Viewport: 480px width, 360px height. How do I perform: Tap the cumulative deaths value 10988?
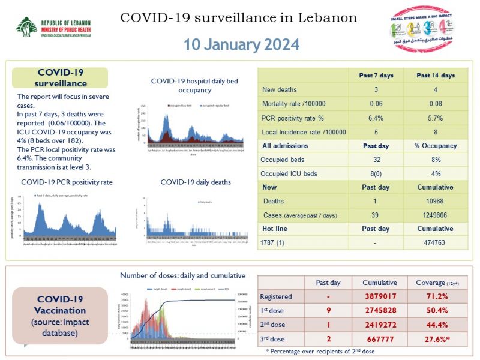pyautogui.click(x=436, y=201)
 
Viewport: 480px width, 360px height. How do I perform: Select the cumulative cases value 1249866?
pyautogui.click(x=436, y=215)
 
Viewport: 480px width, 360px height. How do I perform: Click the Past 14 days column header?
pyautogui.click(x=436, y=76)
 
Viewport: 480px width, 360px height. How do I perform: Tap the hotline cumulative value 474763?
pyautogui.click(x=436, y=242)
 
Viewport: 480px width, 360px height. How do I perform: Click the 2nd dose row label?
pyautogui.click(x=272, y=325)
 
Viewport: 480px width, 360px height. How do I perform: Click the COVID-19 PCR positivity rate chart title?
pyautogui.click(x=67, y=182)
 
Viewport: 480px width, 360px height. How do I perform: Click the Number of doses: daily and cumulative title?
pyautogui.click(x=182, y=275)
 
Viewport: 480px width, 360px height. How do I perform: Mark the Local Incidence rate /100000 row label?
pyautogui.click(x=304, y=131)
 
